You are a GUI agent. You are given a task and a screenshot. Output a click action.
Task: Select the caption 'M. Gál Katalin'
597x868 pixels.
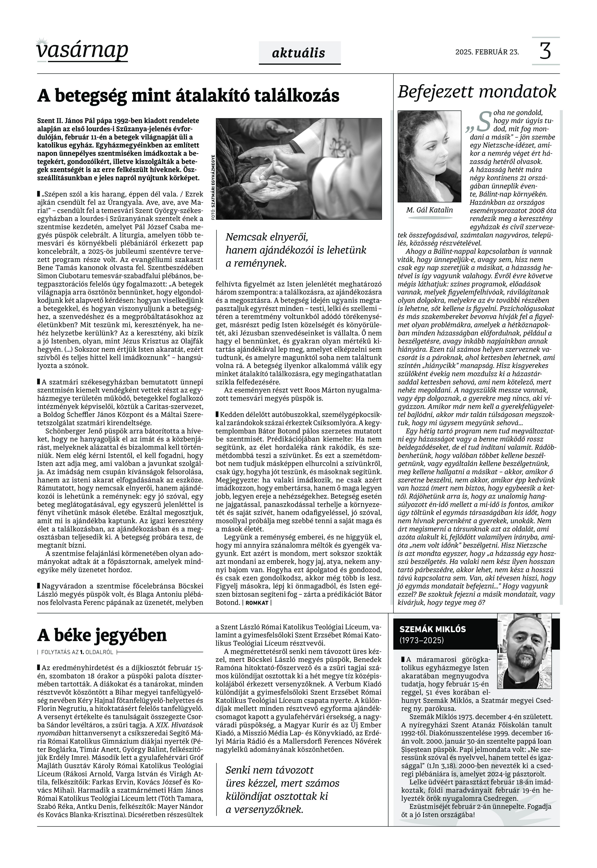[429, 210]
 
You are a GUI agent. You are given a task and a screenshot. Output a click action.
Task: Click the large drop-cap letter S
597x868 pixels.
[484, 120]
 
